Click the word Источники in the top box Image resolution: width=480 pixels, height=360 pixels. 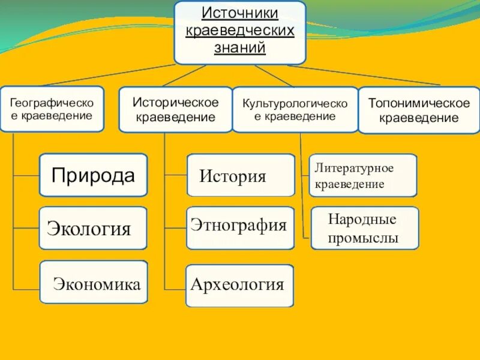coord(240,13)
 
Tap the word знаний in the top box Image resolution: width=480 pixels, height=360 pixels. coord(240,47)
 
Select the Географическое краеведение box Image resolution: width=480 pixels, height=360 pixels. coord(52,109)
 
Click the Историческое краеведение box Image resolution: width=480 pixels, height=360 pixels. coord(175,110)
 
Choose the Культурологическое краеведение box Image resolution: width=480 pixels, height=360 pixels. coord(295,110)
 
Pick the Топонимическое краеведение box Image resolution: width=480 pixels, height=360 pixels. coord(419,110)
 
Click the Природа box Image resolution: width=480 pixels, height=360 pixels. coord(93,175)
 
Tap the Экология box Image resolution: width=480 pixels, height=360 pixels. coord(93,228)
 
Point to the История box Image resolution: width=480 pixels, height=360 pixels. coord(241,175)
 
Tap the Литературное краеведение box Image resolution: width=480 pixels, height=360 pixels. coord(363,175)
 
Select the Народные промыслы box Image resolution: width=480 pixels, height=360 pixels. coord(364,228)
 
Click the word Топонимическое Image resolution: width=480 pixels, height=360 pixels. coord(419,103)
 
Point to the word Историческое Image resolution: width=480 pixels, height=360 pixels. coord(175,103)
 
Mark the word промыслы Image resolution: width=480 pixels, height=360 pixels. coord(363,238)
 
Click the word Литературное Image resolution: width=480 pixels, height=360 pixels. coord(354,166)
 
